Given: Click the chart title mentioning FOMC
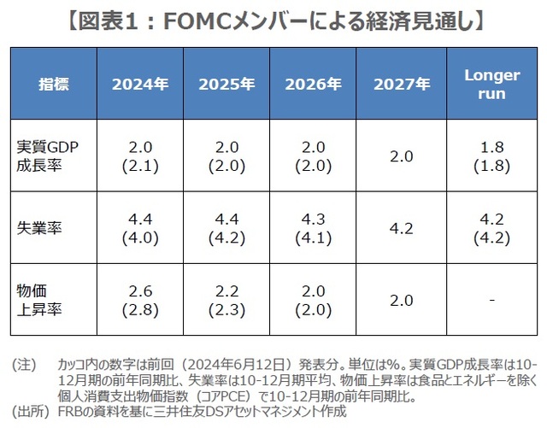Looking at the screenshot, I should click(x=273, y=18).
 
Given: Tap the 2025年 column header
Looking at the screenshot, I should click(x=226, y=85).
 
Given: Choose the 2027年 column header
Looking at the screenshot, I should click(x=401, y=85).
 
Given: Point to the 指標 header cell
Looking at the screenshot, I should click(x=54, y=85).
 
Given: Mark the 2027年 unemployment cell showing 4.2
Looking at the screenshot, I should click(x=401, y=228).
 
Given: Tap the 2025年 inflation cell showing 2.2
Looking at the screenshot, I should click(x=226, y=301).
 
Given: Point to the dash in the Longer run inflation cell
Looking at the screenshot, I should click(x=491, y=301).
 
